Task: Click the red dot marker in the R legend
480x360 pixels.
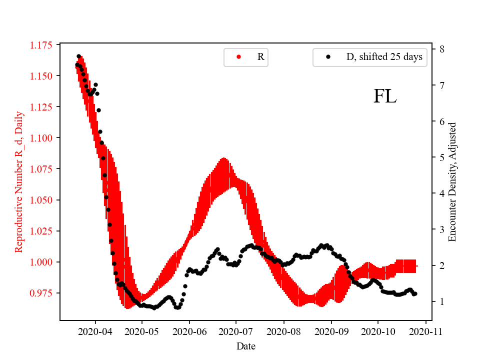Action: (238, 57)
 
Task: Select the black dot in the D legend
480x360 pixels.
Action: (328, 57)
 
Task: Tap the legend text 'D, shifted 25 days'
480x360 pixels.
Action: (384, 57)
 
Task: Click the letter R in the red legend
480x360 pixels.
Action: (260, 57)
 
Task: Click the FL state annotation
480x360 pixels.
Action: (385, 96)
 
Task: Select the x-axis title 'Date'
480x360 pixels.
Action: (245, 346)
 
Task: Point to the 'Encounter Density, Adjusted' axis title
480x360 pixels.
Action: (452, 182)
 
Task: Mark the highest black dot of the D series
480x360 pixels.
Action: (78, 56)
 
